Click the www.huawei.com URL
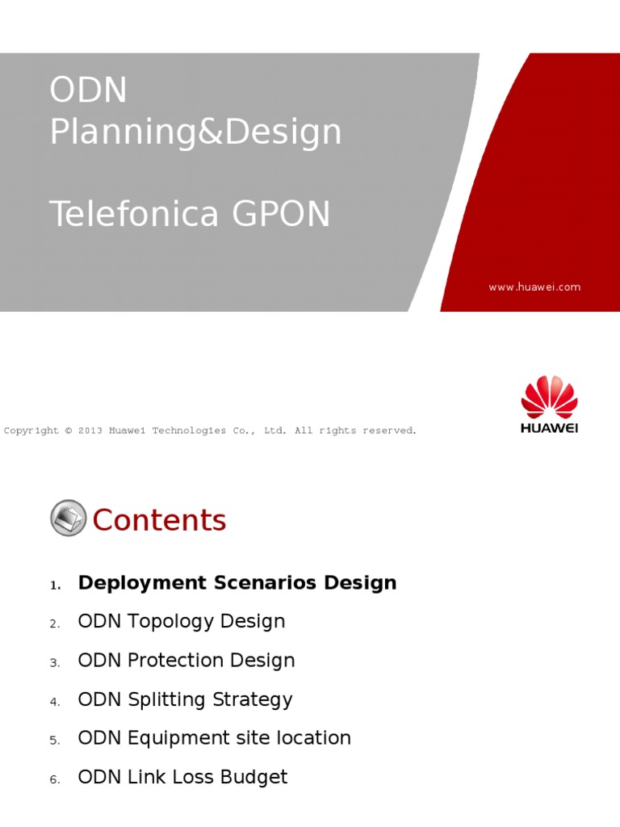534,287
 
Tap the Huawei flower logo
549,397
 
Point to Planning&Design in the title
195,132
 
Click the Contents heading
159,520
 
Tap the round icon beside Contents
68,518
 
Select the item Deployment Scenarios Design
237,583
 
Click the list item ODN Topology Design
181,622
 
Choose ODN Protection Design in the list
186,661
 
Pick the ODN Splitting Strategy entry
185,699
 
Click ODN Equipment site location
214,738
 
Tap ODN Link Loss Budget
182,777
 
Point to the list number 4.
54,702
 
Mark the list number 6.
54,779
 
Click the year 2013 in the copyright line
90,430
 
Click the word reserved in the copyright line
392,430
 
